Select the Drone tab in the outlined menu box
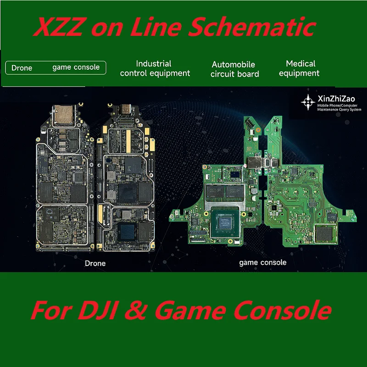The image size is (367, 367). click(22, 68)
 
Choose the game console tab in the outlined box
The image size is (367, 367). click(76, 67)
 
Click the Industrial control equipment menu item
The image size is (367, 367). click(155, 68)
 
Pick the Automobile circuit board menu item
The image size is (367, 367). click(234, 69)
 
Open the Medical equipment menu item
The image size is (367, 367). click(300, 68)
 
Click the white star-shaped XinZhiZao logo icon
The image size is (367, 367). click(306, 101)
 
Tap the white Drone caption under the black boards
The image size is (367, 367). click(95, 263)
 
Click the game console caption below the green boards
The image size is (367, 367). click(263, 262)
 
